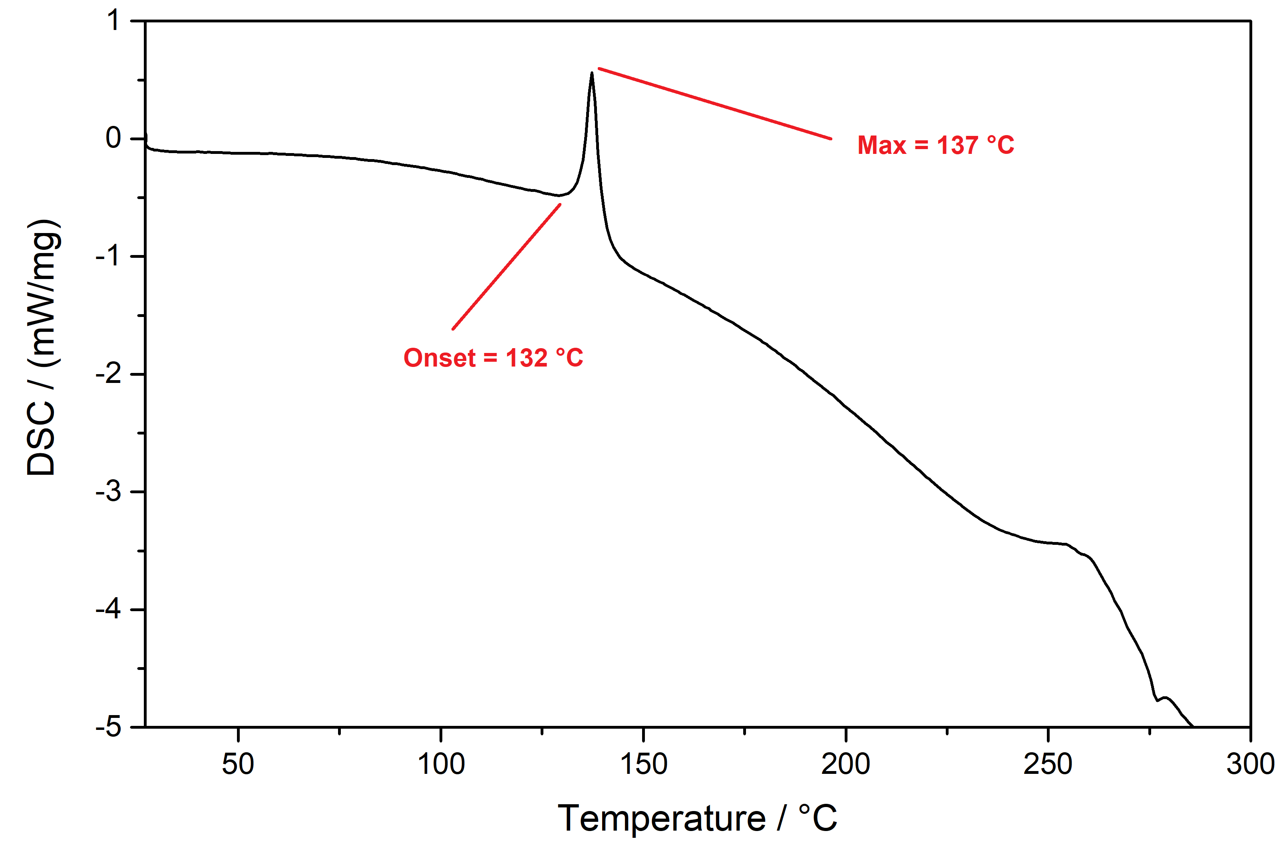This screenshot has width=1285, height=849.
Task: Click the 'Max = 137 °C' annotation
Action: (935, 145)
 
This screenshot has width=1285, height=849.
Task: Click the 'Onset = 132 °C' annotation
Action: (493, 358)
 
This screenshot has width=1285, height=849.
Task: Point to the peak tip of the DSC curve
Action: (592, 74)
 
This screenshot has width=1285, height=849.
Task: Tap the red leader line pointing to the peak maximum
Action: (714, 104)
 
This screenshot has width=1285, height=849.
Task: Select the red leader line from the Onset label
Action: (506, 266)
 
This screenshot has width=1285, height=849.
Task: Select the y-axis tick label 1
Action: (113, 22)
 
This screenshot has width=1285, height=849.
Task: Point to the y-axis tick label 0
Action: (113, 139)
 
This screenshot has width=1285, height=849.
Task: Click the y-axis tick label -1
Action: (108, 256)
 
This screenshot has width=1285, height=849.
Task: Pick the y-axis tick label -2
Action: (108, 374)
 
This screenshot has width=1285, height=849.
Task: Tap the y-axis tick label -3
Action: (108, 492)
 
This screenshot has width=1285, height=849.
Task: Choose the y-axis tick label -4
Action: (108, 610)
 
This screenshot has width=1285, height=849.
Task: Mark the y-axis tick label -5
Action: (108, 727)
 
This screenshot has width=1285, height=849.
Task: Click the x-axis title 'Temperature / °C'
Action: (697, 818)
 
